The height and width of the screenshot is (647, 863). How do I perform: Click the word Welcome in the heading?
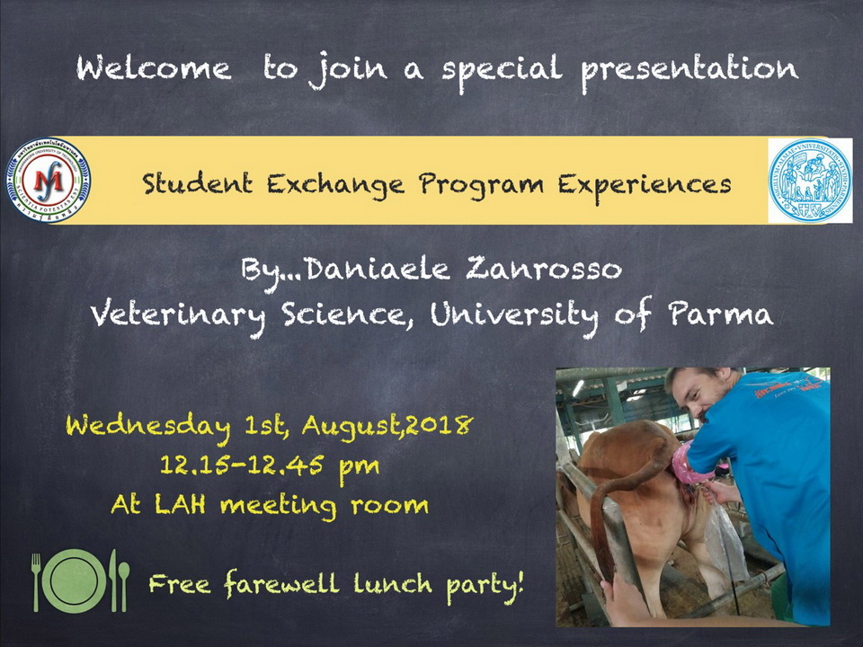[x=154, y=68]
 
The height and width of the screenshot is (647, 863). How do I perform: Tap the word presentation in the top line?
[x=690, y=70]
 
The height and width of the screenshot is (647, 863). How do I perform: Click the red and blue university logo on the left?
[x=48, y=180]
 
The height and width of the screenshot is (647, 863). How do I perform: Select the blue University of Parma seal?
[x=810, y=180]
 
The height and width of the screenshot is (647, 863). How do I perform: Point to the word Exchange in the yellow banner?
[x=335, y=184]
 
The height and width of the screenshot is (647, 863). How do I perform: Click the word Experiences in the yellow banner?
[x=645, y=185]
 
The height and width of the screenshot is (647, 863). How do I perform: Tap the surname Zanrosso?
[x=544, y=269]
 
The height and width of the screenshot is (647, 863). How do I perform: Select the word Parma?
[x=720, y=314]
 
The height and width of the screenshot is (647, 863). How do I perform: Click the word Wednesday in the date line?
[x=148, y=426]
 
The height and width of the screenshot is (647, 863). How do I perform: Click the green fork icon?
[x=36, y=582]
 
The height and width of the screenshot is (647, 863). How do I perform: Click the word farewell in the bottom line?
[x=281, y=583]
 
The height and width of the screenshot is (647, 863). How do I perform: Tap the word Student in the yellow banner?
[x=198, y=183]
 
